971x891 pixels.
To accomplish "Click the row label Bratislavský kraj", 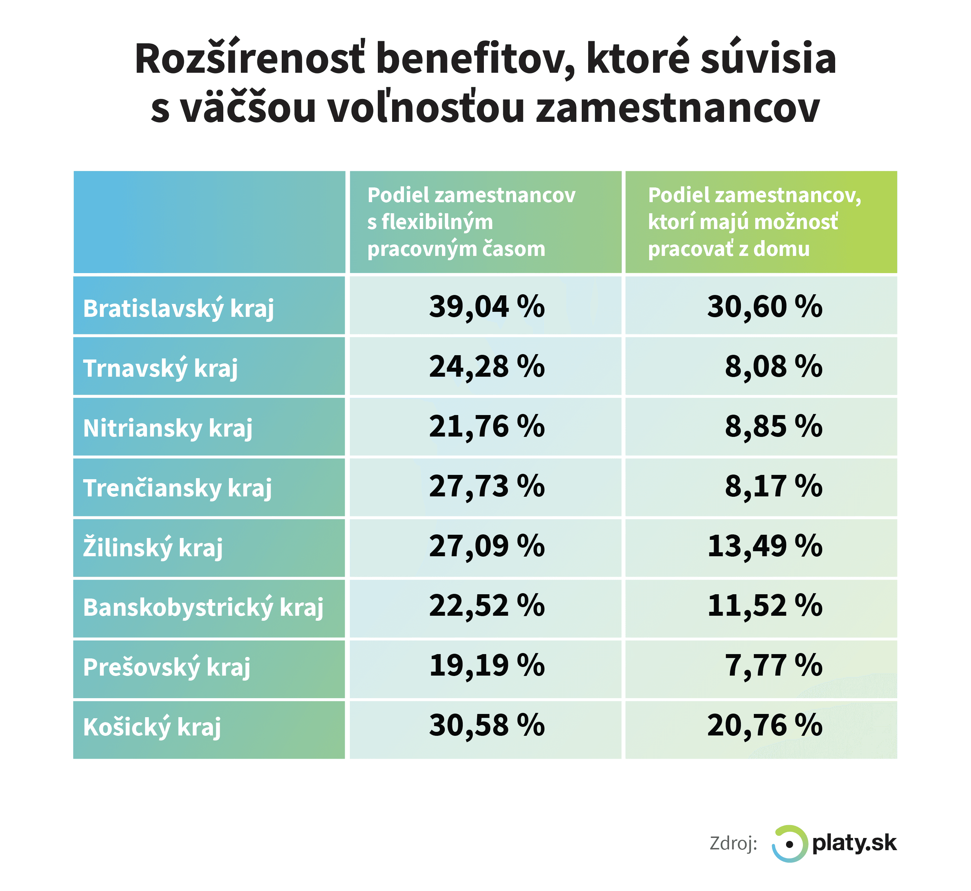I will [x=179, y=308].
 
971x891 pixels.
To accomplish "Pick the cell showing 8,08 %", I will [x=774, y=366].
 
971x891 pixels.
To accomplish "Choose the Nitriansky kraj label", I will [x=168, y=428].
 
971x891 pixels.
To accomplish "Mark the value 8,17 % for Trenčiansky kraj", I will [x=774, y=486].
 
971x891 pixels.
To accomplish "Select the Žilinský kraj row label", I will [x=153, y=548].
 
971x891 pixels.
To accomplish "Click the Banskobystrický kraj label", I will [x=203, y=607].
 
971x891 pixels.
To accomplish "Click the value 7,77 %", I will [x=774, y=666].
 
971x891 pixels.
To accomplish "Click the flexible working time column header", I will [x=471, y=222].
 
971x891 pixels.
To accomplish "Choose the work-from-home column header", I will [x=754, y=222].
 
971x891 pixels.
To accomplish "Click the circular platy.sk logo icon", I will [x=789, y=844].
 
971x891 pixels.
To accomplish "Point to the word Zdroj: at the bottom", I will [x=733, y=844].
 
